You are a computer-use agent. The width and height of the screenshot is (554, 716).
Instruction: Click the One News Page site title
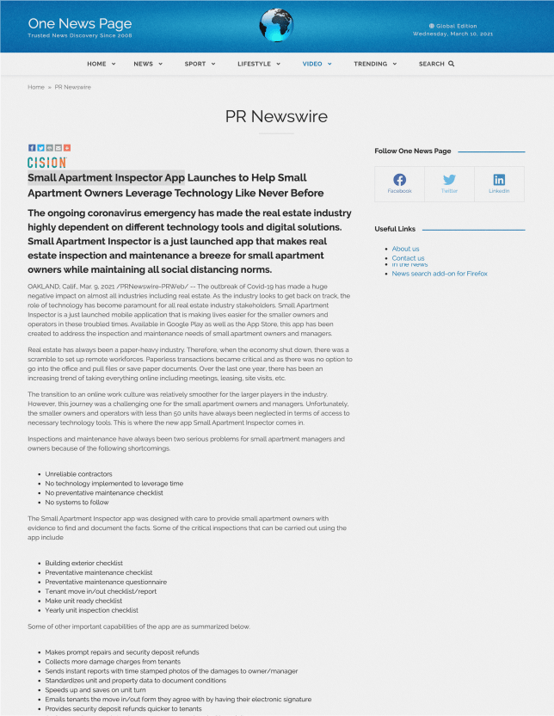point(80,23)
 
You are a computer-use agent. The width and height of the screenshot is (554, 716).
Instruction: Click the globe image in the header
point(276,26)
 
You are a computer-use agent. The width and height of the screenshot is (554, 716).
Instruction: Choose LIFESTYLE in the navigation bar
point(258,64)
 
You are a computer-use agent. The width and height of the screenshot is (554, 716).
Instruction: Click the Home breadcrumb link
point(36,87)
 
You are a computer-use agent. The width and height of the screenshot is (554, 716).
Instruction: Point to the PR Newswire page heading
point(276,116)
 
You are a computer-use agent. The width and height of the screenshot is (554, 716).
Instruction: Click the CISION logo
point(46,162)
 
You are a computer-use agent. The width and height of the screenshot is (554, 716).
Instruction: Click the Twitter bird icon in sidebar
point(449,181)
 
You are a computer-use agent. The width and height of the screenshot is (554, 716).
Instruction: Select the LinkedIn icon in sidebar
point(499,181)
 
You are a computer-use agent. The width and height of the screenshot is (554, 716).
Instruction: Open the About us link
point(405,249)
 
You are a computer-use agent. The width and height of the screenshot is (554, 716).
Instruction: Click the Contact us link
point(408,257)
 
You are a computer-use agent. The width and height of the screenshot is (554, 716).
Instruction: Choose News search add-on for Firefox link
point(439,274)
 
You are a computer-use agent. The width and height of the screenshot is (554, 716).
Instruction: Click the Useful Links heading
point(395,229)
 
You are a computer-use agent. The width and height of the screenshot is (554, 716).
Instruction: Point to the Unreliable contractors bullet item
point(78,474)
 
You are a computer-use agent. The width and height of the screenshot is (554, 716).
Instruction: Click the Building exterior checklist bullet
point(83,563)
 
